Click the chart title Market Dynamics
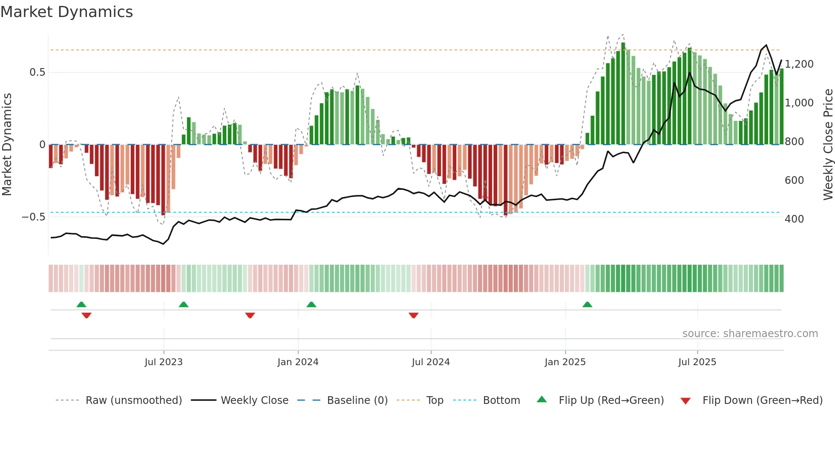pos(66,12)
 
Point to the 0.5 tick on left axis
pos(37,72)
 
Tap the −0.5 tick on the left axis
pos(33,217)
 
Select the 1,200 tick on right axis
pos(799,64)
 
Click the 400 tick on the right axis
pos(794,219)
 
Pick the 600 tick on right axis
pos(794,180)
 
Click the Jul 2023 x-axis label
pos(164,362)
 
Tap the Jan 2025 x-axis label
pos(565,362)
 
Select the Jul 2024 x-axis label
pos(431,362)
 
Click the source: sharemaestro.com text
pos(750,334)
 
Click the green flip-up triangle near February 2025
pos(587,304)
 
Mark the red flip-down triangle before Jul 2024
pos(413,315)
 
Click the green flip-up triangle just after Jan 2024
pos(311,304)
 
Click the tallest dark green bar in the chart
pos(623,94)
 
